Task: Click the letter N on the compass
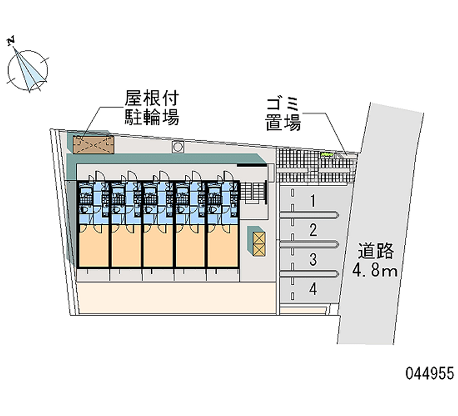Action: [11, 42]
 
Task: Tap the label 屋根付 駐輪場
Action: [152, 108]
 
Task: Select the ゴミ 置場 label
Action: [283, 114]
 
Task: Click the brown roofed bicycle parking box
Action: [93, 145]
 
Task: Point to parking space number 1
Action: [313, 201]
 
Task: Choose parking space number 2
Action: [313, 230]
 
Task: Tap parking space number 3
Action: [313, 260]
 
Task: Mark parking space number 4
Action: [313, 289]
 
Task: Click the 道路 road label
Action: [376, 251]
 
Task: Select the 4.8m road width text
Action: [375, 271]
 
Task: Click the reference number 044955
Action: [430, 374]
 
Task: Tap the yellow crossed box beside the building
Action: [259, 244]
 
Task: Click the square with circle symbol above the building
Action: [177, 147]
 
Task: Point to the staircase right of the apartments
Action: [254, 192]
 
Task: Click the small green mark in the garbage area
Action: [327, 154]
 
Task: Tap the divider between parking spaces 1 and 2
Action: [309, 216]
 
